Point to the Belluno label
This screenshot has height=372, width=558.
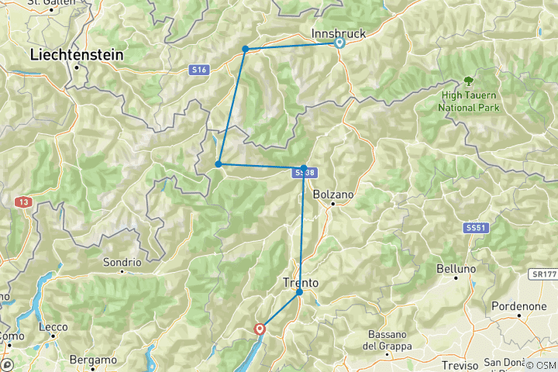point(456,269)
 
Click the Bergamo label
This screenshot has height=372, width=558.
point(93,360)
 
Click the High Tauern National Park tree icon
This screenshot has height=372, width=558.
point(468,80)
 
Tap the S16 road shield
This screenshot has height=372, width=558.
point(199,70)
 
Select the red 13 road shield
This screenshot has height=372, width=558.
point(23,201)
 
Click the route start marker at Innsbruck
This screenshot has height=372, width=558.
point(339,43)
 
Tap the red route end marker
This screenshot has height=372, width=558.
point(260,329)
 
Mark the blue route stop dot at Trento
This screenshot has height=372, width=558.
point(299,292)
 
